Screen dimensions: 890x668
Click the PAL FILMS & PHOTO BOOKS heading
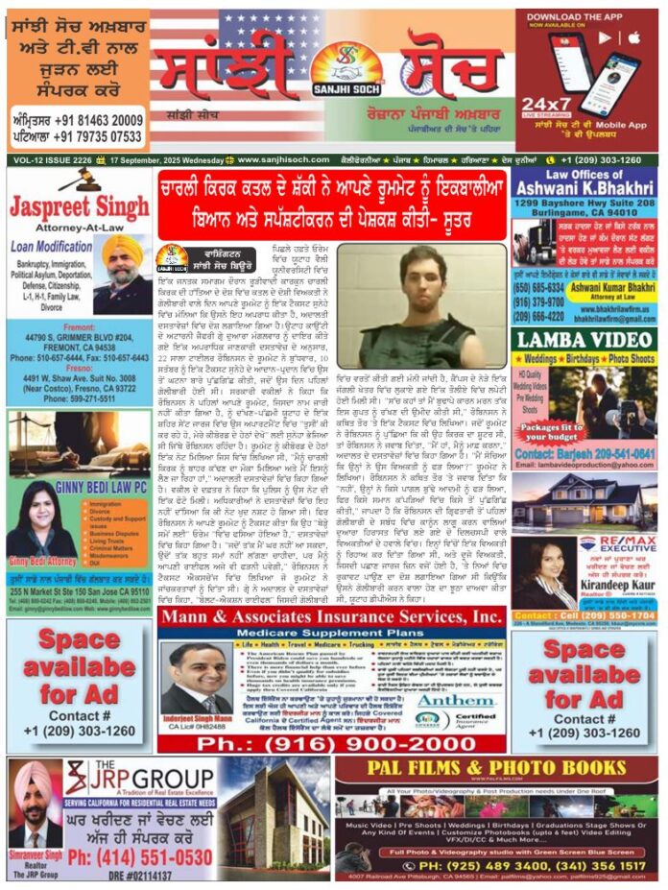[496, 770]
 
